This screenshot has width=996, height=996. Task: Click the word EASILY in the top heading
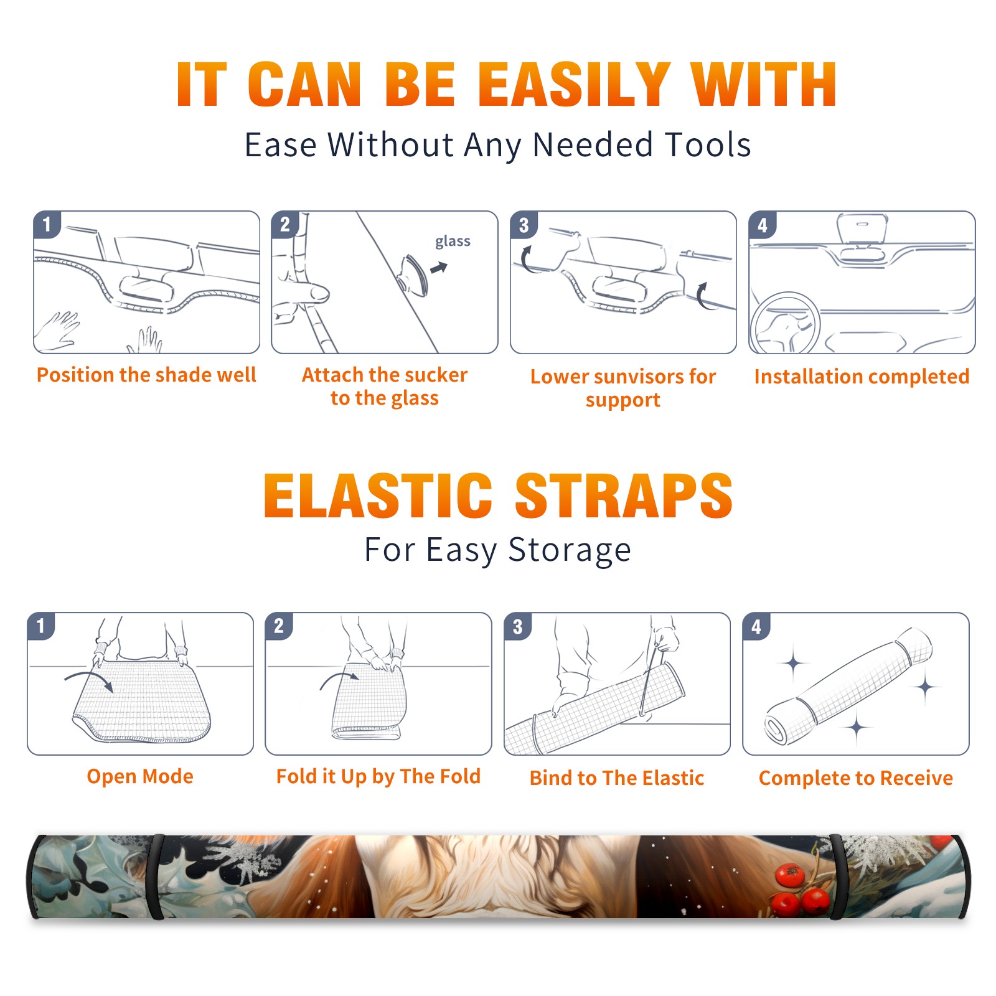[x=574, y=85]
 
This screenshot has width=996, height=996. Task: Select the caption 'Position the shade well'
[x=146, y=375]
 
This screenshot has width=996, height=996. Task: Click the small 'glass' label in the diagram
[x=453, y=242]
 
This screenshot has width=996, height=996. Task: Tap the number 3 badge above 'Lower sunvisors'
[x=524, y=225]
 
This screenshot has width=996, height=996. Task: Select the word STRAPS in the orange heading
[x=624, y=496]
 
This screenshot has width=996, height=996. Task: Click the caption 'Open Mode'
[x=140, y=776]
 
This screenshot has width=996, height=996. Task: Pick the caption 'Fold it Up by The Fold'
[x=378, y=776]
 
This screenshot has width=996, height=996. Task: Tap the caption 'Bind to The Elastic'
[x=617, y=778]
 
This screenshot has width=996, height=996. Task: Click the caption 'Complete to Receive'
[x=856, y=778]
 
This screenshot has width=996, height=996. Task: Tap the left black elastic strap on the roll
[x=156, y=877]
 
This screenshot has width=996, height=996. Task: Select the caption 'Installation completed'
[x=862, y=376]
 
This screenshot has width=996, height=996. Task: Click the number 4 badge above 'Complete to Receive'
[x=756, y=626]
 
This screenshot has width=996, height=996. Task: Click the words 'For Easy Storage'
[x=498, y=550]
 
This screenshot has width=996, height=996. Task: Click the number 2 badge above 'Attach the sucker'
[x=285, y=224]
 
